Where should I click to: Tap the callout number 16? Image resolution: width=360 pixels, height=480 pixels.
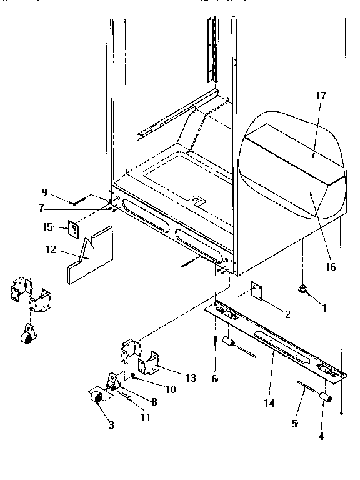(x=331, y=267)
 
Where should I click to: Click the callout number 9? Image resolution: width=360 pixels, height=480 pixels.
(x=44, y=192)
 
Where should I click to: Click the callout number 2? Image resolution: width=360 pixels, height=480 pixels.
(x=286, y=314)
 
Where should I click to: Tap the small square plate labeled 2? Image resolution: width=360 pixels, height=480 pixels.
(x=256, y=290)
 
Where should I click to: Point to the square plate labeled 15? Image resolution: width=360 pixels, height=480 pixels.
(x=74, y=231)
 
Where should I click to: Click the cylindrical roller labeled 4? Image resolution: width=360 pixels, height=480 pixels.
(x=324, y=397)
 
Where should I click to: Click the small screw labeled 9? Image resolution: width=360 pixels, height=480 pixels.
(x=78, y=201)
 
